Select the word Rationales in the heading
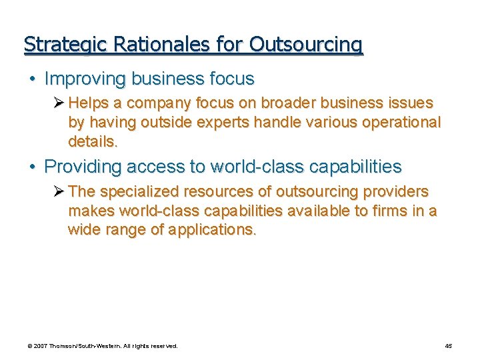[145, 45]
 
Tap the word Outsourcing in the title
[307, 45]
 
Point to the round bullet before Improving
[32, 79]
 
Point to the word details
[93, 141]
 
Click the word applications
[218, 230]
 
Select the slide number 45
[448, 346]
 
